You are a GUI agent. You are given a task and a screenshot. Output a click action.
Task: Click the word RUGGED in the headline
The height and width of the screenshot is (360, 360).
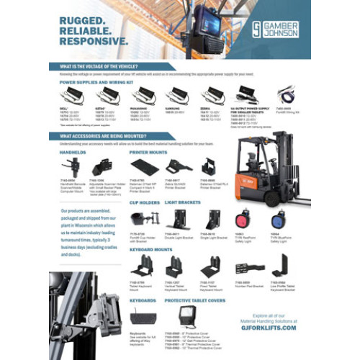tap(86, 22)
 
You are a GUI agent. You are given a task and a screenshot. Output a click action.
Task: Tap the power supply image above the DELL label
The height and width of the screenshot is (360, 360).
tap(71, 94)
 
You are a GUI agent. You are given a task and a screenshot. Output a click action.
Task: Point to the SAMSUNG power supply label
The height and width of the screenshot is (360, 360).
tap(173, 109)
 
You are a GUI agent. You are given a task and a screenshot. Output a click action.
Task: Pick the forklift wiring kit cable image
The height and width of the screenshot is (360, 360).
tap(288, 95)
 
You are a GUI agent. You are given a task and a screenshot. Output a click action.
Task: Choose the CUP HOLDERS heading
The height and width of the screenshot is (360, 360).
tap(144, 204)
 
